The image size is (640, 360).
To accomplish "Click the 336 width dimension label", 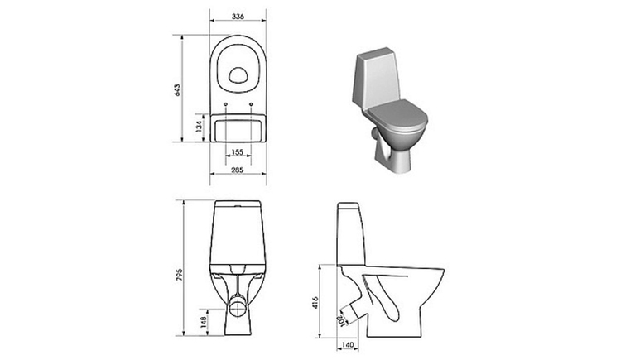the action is click(238, 17).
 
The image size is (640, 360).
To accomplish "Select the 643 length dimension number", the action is click(177, 90).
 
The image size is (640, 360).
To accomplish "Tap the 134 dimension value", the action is click(199, 127).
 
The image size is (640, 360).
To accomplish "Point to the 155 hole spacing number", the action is click(237, 151).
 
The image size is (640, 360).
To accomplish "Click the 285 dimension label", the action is click(237, 170).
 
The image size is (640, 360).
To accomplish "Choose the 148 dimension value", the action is click(204, 322).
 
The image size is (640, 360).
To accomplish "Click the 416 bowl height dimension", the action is click(315, 302).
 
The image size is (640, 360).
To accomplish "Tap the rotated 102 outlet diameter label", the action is click(341, 320).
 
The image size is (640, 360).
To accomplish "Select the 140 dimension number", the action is click(347, 345).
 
